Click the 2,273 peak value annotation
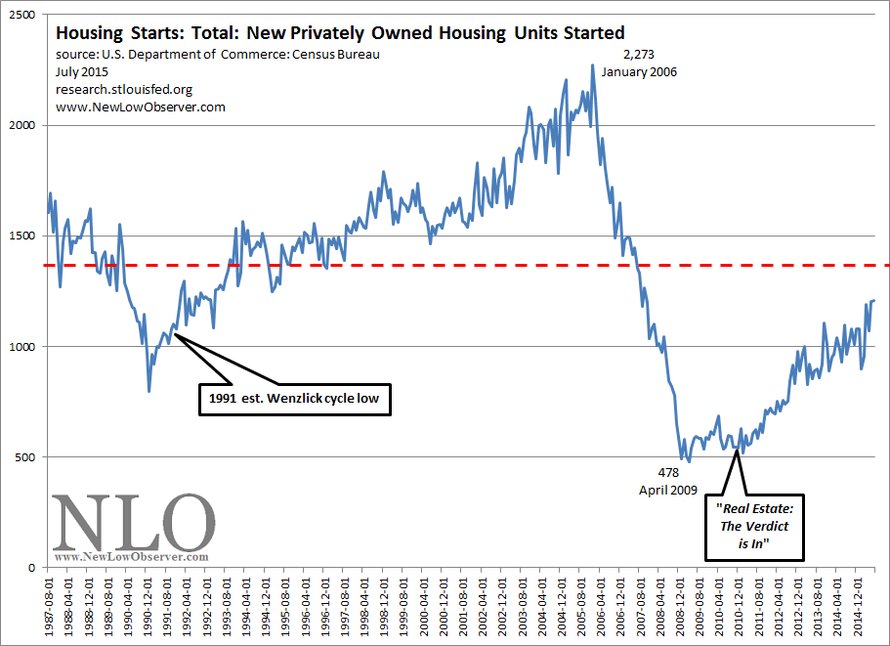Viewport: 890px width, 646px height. point(638,56)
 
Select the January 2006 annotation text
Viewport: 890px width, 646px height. point(639,72)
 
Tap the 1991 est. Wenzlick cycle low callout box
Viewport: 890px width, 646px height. point(294,399)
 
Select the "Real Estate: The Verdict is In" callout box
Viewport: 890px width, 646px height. point(756,527)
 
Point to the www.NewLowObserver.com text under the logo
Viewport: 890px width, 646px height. point(132,557)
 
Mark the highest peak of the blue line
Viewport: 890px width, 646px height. point(592,65)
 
